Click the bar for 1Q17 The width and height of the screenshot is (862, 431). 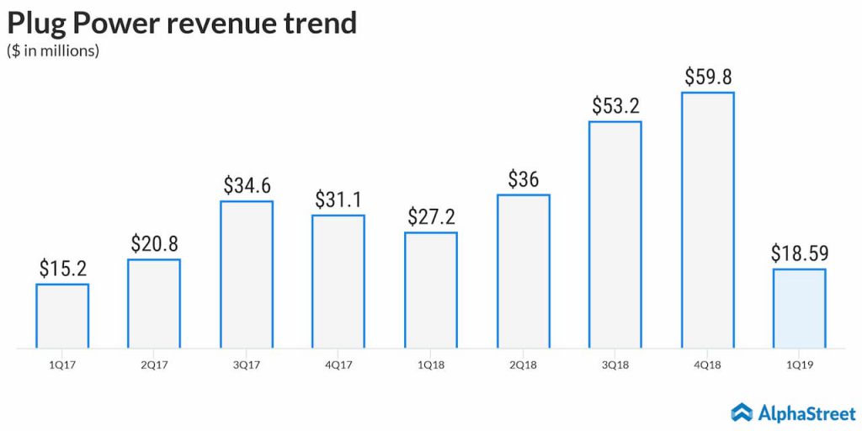pos(61,316)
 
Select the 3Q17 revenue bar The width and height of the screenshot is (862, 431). pos(246,274)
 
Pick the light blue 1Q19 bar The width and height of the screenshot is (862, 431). pos(799,307)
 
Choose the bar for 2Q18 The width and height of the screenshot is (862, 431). pos(523,271)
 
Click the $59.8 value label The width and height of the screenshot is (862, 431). pos(707,77)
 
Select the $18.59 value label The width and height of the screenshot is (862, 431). pos(799,253)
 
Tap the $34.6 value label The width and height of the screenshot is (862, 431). pos(247,185)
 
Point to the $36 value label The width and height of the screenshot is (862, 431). pos(523,179)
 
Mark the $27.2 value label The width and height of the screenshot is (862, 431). pos(430,216)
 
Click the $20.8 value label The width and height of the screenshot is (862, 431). pos(154,243)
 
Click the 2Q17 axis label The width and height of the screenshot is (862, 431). pos(154,364)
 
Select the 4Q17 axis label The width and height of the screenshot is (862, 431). pos(338,364)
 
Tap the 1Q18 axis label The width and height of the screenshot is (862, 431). pos(430,364)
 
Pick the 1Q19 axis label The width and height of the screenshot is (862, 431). pos(799,364)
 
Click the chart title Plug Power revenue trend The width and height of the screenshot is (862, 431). pos(182,23)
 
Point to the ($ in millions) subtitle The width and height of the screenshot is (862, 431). pos(53,51)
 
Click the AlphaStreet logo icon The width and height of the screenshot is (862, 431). pos(742,412)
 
